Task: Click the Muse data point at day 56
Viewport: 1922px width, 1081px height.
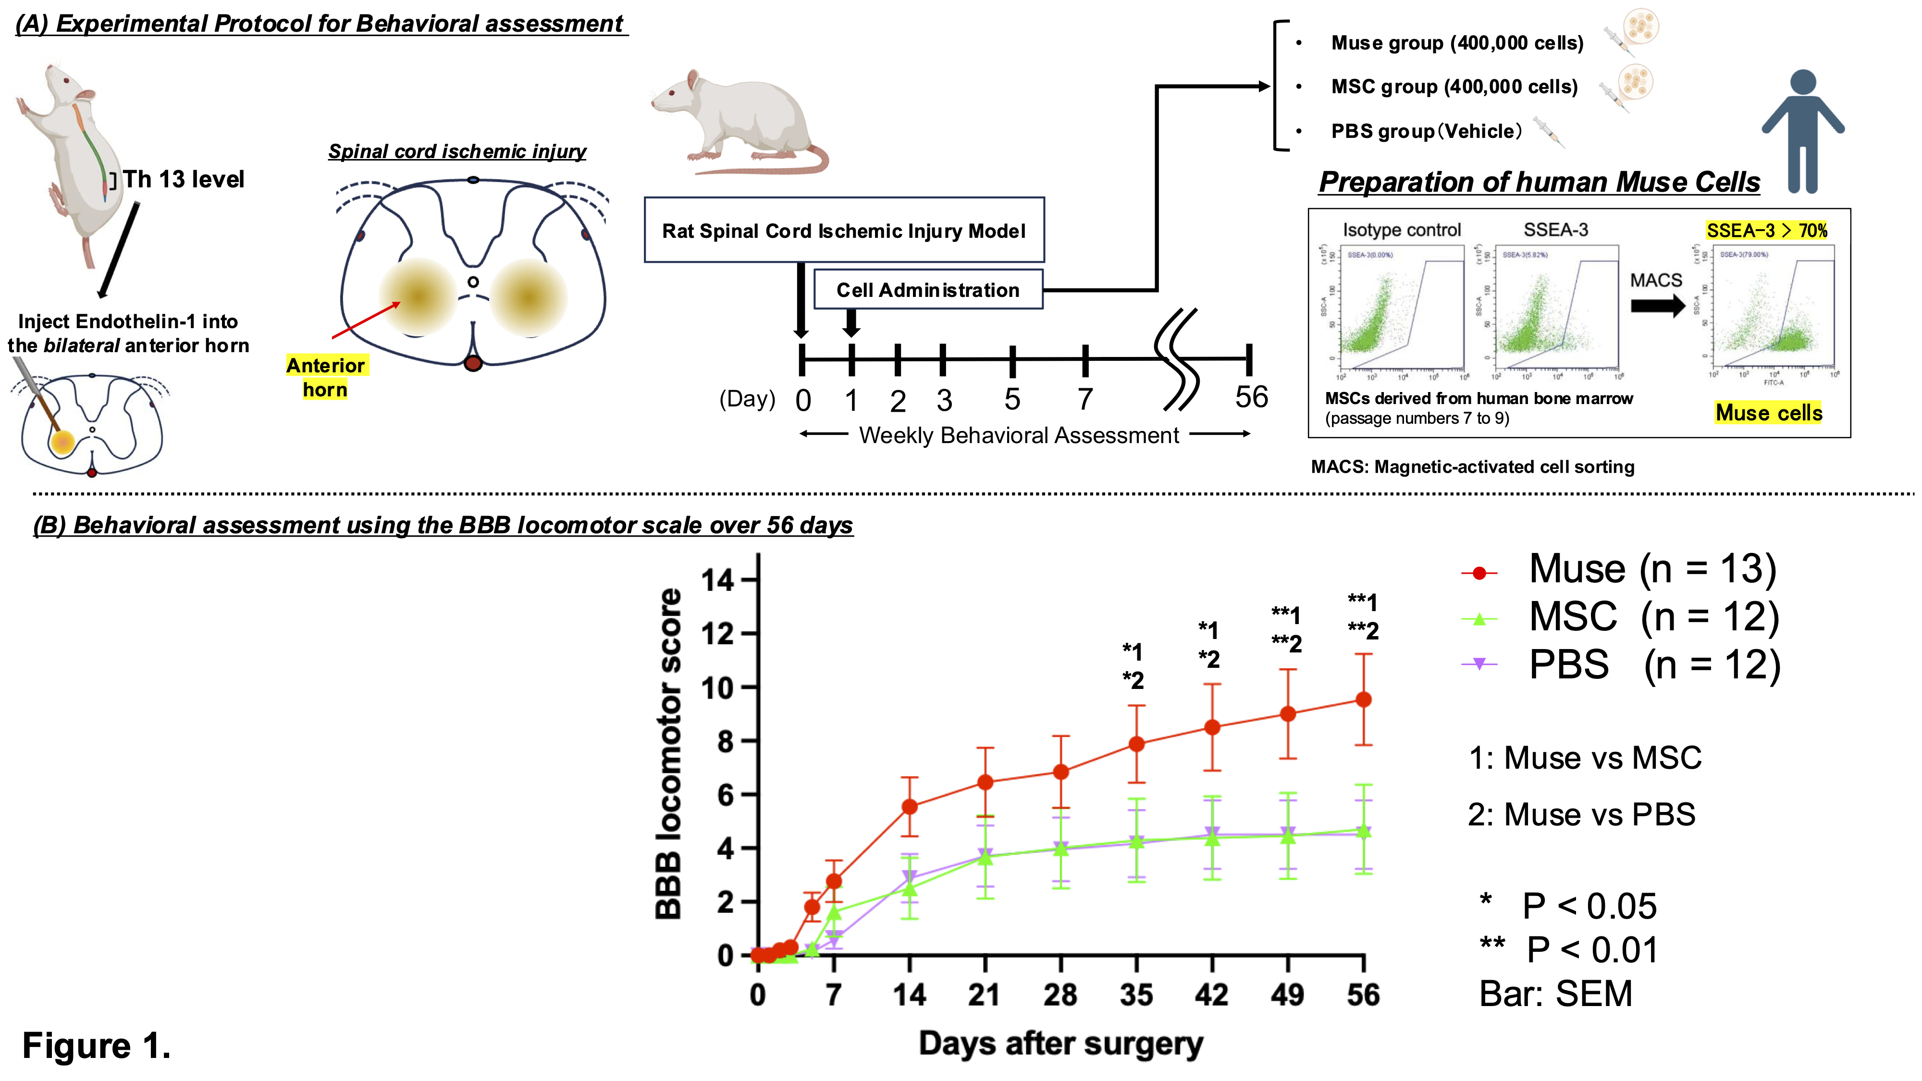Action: click(1363, 700)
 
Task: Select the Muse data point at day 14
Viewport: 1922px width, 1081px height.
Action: click(910, 807)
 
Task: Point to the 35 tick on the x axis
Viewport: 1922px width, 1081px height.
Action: click(1135, 995)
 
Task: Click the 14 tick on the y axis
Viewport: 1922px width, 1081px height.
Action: click(718, 580)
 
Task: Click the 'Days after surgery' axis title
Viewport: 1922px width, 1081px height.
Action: click(1060, 1043)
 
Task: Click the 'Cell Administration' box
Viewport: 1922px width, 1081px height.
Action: click(927, 290)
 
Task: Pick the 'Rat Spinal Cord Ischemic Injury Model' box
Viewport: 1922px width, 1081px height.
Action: click(844, 231)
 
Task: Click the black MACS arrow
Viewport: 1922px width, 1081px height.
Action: click(1657, 305)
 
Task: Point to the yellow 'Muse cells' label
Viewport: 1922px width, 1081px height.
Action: click(1768, 413)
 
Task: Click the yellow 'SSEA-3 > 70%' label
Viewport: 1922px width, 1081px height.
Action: click(1766, 231)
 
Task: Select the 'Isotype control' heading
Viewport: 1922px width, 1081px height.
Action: click(1401, 230)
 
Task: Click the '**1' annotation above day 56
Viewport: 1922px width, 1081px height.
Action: click(1362, 602)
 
